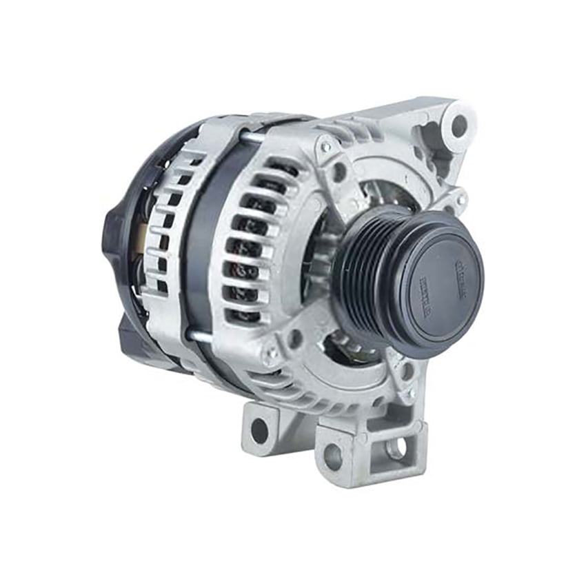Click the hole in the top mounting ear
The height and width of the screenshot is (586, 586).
(x=458, y=125)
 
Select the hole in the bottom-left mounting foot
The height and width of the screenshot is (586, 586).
(x=259, y=431)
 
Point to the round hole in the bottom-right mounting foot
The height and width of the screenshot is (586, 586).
(x=332, y=456)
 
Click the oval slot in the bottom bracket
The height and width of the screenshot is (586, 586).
(x=396, y=449)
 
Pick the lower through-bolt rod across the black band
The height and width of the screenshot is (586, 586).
(x=199, y=336)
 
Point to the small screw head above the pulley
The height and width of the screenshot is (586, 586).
(x=325, y=146)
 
